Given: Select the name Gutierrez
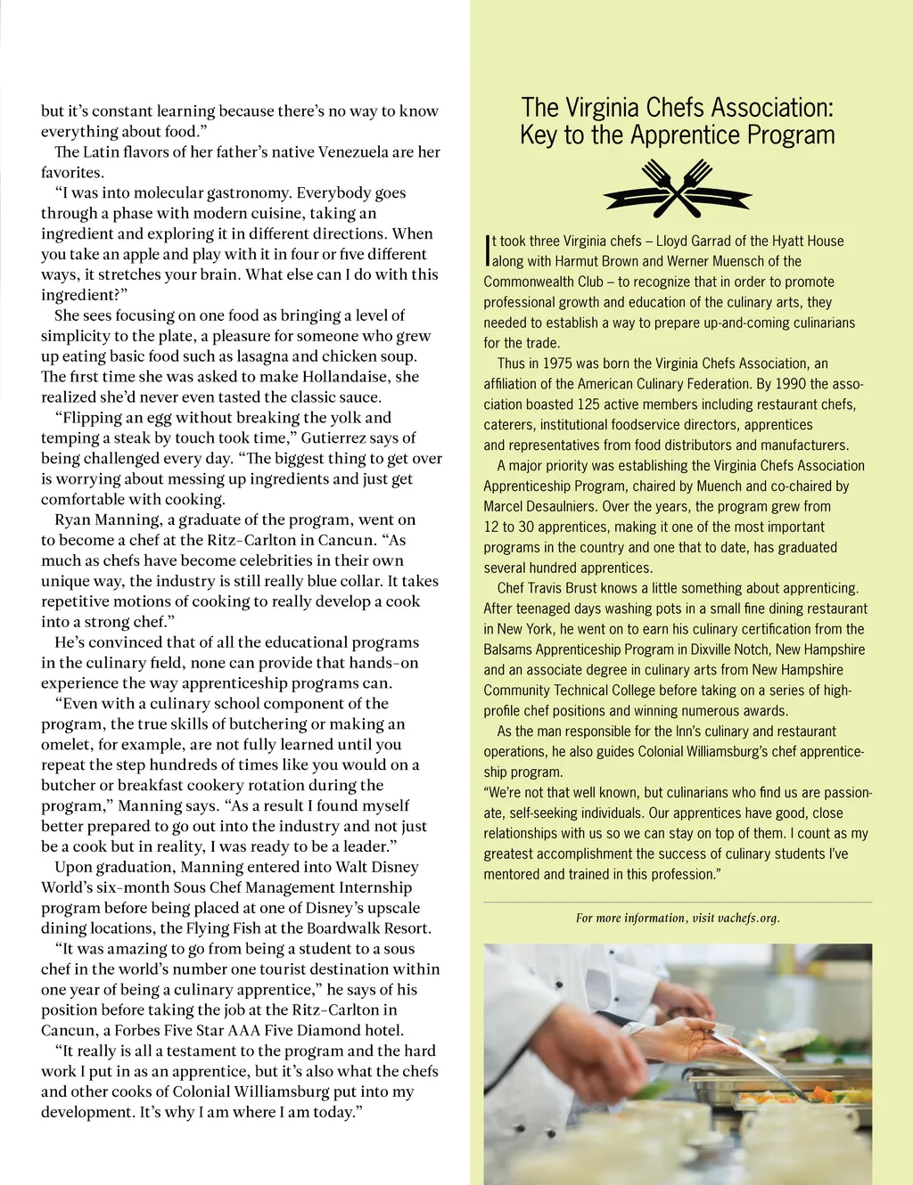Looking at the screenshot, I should [337, 438].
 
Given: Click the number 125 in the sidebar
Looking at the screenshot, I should [588, 405].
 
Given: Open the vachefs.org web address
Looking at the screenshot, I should [748, 919].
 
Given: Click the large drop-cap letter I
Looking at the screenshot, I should [488, 250].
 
